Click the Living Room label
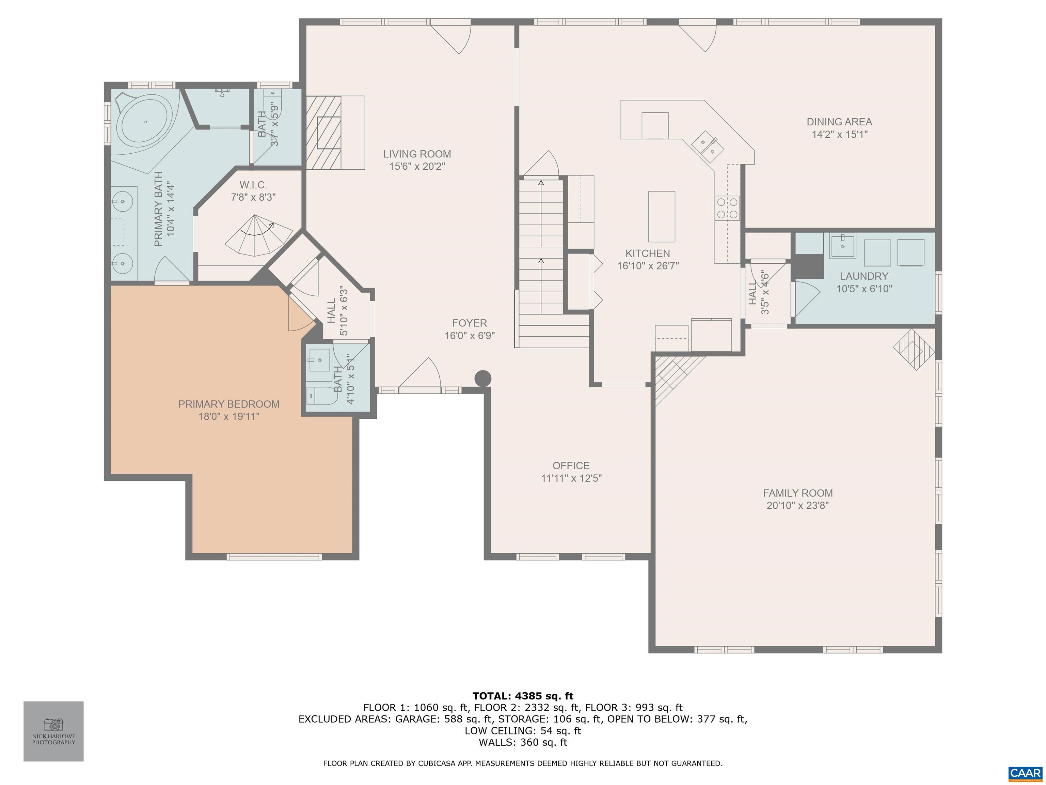pos(417,154)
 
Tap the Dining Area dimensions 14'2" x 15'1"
pos(839,134)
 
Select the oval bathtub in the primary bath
pos(145,122)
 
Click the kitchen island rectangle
pos(661,217)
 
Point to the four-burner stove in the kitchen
pos(727,208)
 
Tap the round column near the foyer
pos(483,379)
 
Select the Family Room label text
pos(798,493)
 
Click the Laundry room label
pos(864,276)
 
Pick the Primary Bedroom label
pos(229,404)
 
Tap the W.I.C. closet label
pos(253,185)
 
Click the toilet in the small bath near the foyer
pos(321,396)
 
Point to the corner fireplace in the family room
pos(914,349)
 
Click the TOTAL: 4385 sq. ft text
pos(523,696)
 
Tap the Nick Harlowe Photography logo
pos(53,732)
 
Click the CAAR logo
pos(1025,773)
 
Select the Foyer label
pos(469,323)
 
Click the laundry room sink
pos(842,246)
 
